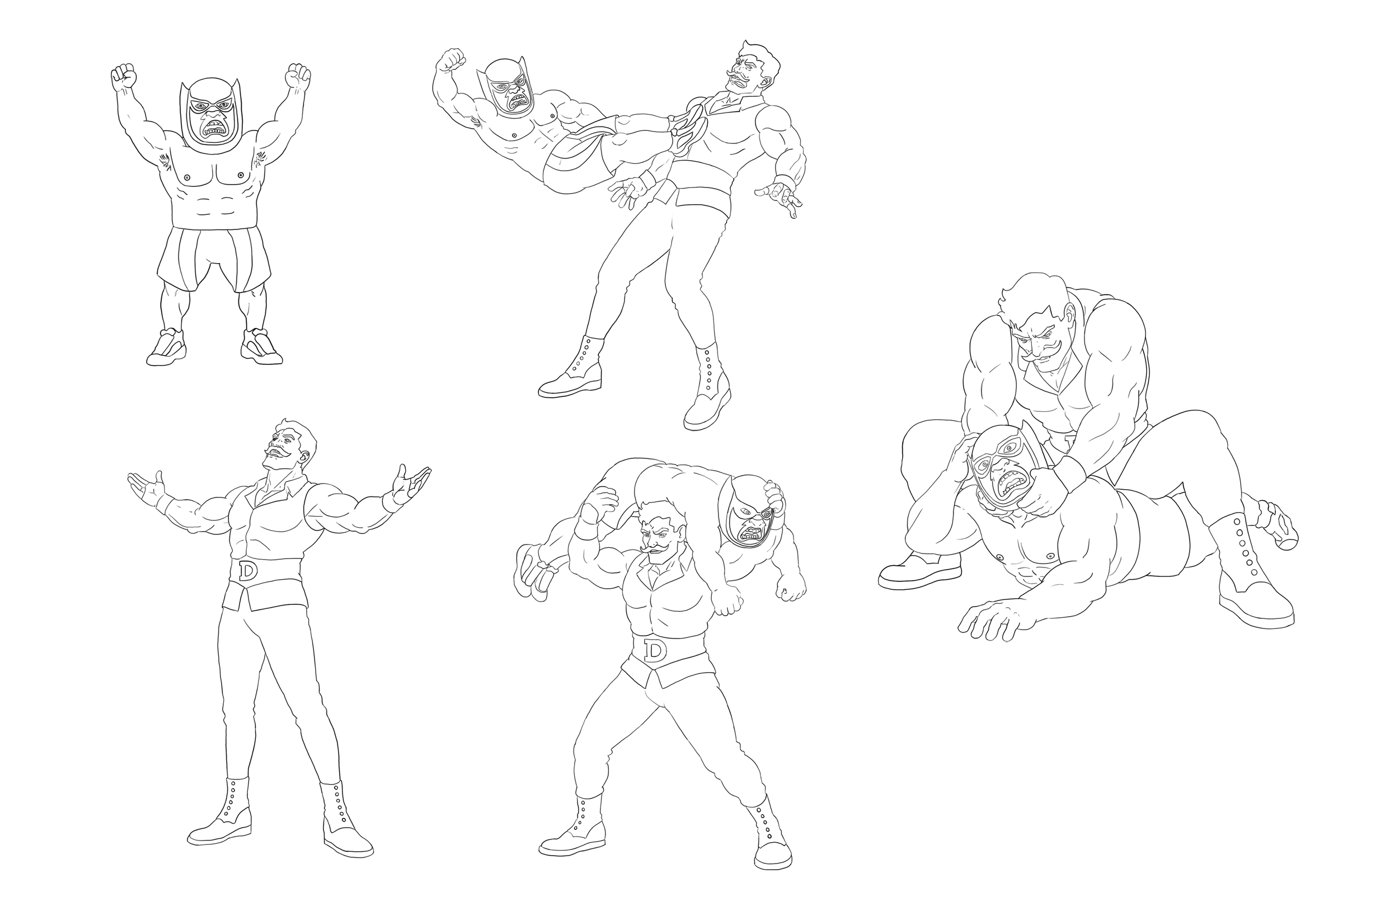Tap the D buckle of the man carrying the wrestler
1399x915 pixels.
pyautogui.click(x=654, y=650)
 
